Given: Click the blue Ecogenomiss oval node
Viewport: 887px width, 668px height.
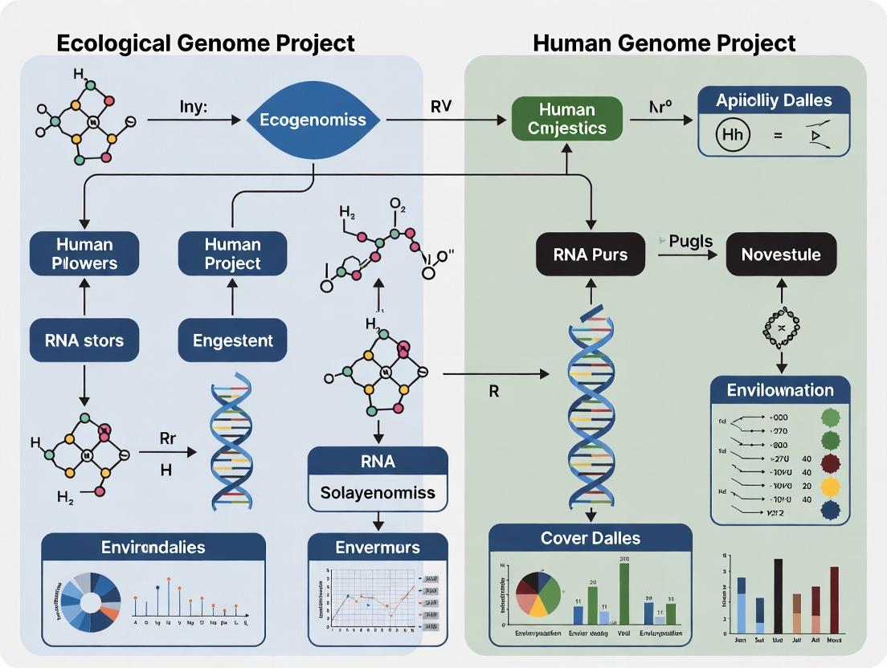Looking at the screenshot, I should coord(313,120).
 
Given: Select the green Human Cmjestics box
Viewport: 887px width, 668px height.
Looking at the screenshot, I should coord(566,119).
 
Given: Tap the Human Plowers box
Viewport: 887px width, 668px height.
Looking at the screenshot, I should coord(84,254).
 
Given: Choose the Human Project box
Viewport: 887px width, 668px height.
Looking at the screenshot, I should coord(232,254).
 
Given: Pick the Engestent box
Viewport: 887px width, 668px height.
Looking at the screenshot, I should coord(232,340).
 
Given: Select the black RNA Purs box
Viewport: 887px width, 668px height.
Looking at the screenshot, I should coord(591,255).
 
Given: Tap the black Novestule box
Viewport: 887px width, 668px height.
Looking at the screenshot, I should coord(781,255).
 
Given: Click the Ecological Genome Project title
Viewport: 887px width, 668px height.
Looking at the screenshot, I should coord(206,43).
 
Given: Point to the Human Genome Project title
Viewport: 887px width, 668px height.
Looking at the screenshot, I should coord(664,43).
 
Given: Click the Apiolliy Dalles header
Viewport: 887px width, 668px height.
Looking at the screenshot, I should coord(773,101).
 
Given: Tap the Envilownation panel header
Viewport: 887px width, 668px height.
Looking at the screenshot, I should coord(780,390).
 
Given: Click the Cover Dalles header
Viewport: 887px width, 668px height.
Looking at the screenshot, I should coord(590,539).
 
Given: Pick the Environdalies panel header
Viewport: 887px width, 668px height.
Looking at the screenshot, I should coord(153,548).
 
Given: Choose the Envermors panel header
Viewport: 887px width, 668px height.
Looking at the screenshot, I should coord(377,548).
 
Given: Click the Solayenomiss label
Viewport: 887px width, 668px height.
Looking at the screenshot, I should coord(377,492).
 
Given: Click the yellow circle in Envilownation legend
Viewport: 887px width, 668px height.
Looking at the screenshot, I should coord(831,487).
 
